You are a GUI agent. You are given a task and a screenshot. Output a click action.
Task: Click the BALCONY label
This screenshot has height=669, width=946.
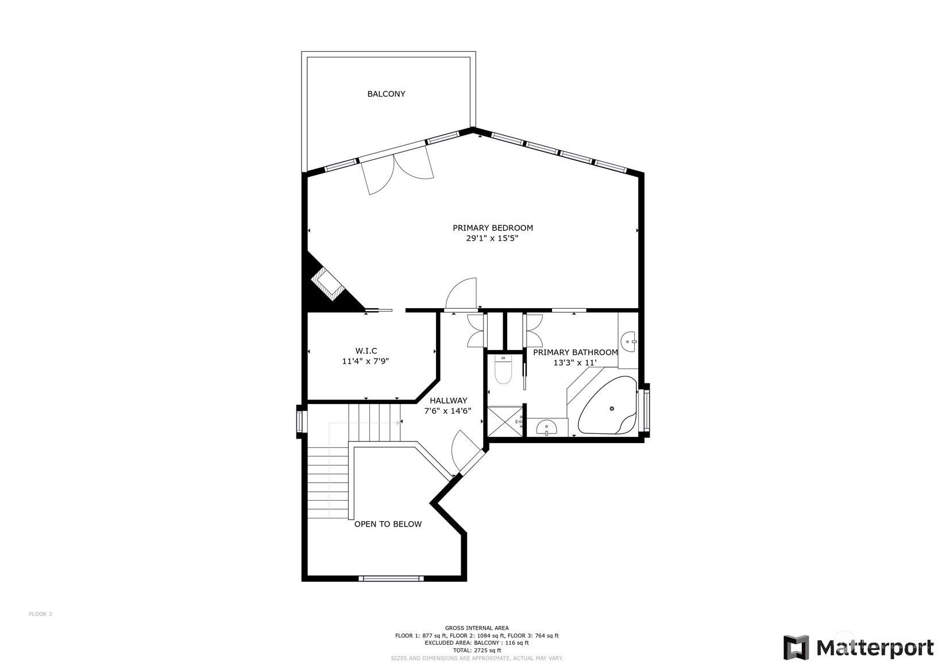[x=386, y=94]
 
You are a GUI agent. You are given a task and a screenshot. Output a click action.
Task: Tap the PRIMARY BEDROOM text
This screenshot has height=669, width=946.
[x=493, y=228]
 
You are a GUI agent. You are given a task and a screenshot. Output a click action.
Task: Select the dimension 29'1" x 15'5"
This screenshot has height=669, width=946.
[x=492, y=239]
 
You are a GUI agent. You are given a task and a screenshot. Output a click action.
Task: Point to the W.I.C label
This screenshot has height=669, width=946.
[x=366, y=351]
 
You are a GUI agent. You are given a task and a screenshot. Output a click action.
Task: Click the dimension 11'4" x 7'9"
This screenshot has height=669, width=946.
[x=365, y=362]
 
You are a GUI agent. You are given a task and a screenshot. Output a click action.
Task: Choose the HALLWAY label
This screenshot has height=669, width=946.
[x=449, y=401]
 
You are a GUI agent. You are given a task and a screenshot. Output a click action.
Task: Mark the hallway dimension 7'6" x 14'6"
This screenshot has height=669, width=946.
[x=447, y=411]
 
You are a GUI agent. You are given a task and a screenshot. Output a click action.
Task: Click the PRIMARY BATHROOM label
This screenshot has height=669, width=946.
[x=575, y=352]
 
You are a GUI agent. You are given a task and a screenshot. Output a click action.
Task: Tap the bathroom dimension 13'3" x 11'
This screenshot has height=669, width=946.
[x=575, y=363]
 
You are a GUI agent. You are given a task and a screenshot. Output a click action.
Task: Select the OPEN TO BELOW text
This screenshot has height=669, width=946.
[x=388, y=525]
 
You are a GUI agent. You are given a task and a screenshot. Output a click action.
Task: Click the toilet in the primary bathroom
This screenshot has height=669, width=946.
[x=503, y=370]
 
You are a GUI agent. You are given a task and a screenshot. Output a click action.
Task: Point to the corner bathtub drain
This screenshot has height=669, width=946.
[x=612, y=408]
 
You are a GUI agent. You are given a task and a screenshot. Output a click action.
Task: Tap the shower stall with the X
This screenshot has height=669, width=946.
[x=505, y=421]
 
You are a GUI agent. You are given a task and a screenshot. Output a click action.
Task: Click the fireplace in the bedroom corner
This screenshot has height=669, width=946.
[x=329, y=284]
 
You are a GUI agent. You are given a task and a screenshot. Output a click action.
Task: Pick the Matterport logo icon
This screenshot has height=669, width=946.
[x=796, y=647]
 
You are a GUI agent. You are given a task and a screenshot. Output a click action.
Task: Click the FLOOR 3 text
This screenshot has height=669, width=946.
[x=40, y=614]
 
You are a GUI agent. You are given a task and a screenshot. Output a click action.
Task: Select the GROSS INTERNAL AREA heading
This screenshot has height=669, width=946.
[x=477, y=628]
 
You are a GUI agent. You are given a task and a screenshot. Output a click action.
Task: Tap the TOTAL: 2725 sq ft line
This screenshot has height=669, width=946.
[x=477, y=651]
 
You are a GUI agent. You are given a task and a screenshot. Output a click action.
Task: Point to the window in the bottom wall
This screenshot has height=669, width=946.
[x=391, y=579]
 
